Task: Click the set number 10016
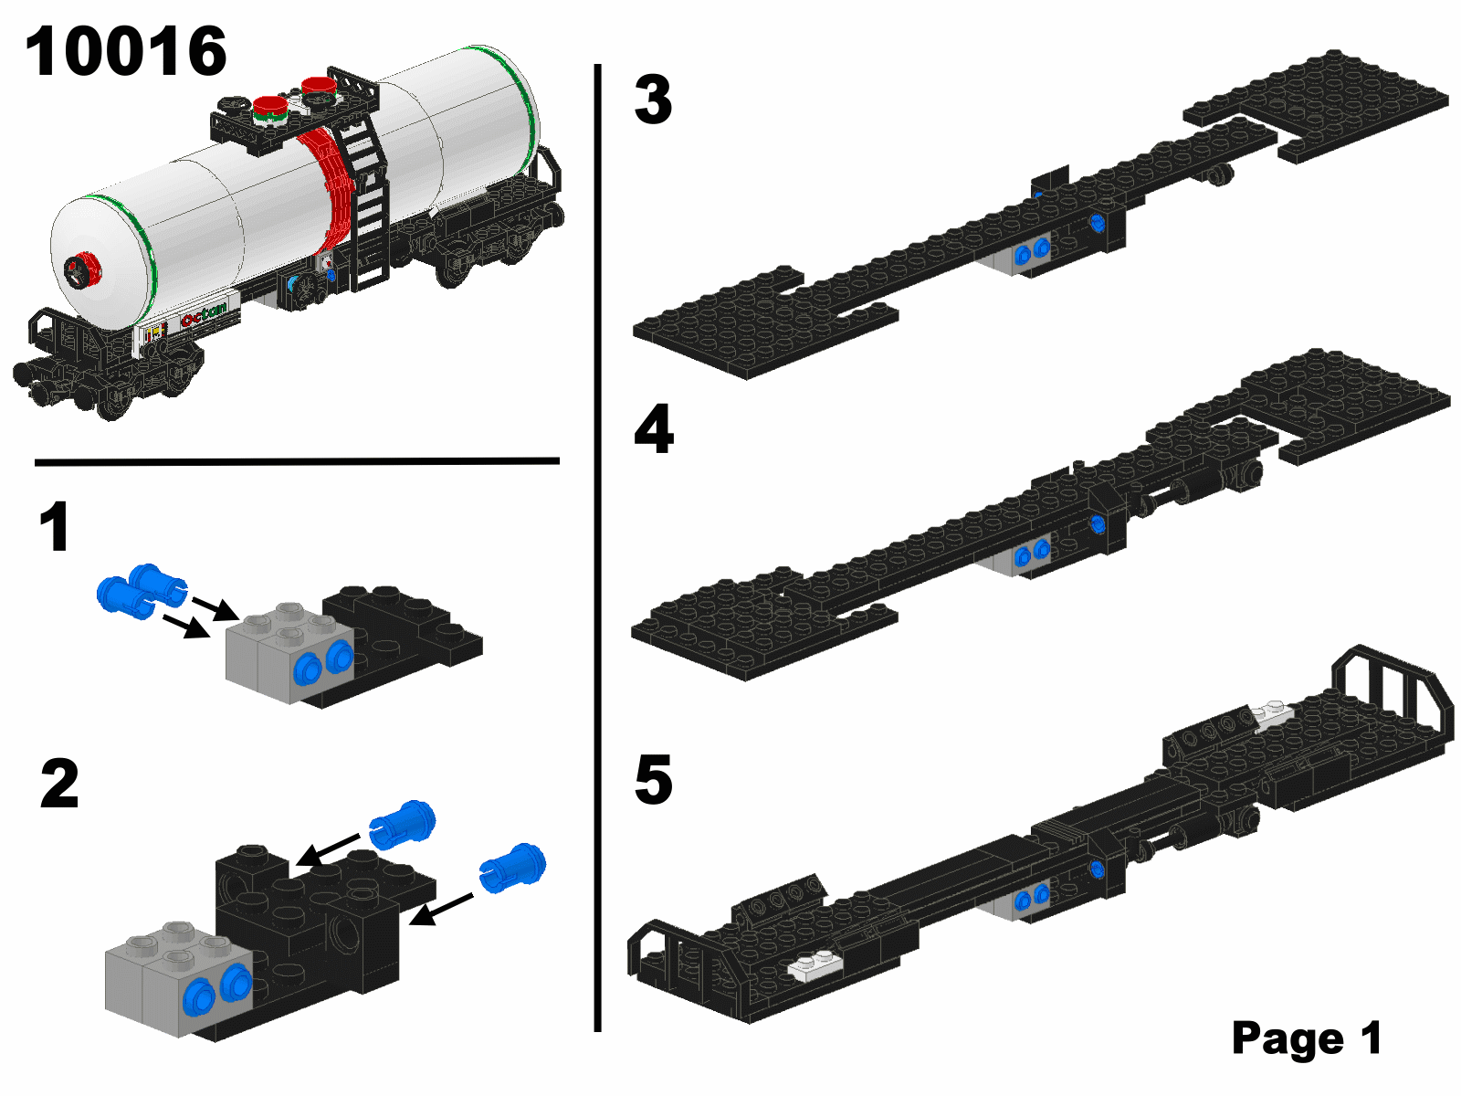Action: [126, 51]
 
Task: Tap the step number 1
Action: [56, 526]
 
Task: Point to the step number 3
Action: [653, 100]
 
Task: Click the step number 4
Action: [655, 428]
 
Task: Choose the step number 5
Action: [654, 779]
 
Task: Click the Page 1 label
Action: [1307, 1038]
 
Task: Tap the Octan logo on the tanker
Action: [204, 316]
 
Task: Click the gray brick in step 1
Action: [289, 653]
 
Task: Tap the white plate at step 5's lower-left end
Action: [816, 965]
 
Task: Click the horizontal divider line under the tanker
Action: [297, 460]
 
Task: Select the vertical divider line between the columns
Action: [597, 548]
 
